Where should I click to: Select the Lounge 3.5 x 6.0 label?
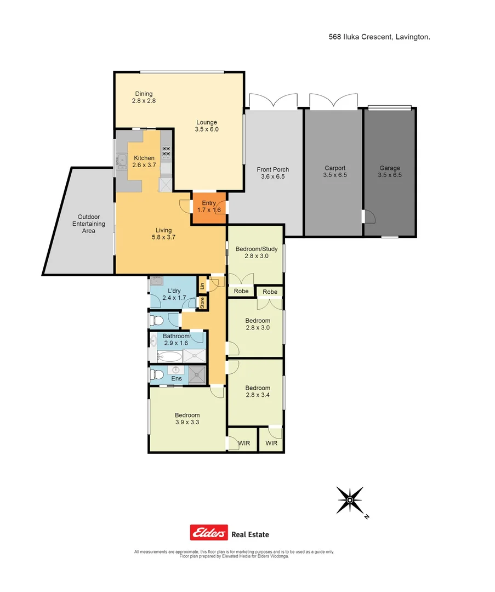coord(207,126)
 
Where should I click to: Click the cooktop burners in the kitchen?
coord(166,151)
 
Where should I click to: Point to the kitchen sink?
coord(121,160)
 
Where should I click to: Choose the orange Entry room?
coord(208,207)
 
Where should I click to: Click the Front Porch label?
coord(272,173)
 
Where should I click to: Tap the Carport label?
coord(334,172)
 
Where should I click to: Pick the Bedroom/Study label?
coord(256,252)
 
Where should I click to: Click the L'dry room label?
coord(174,294)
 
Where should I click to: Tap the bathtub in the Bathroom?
coord(166,357)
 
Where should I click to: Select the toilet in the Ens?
coord(157,375)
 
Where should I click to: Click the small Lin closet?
coord(202,286)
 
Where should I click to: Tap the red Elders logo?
coord(208,533)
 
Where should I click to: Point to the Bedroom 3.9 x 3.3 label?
coord(187,418)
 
